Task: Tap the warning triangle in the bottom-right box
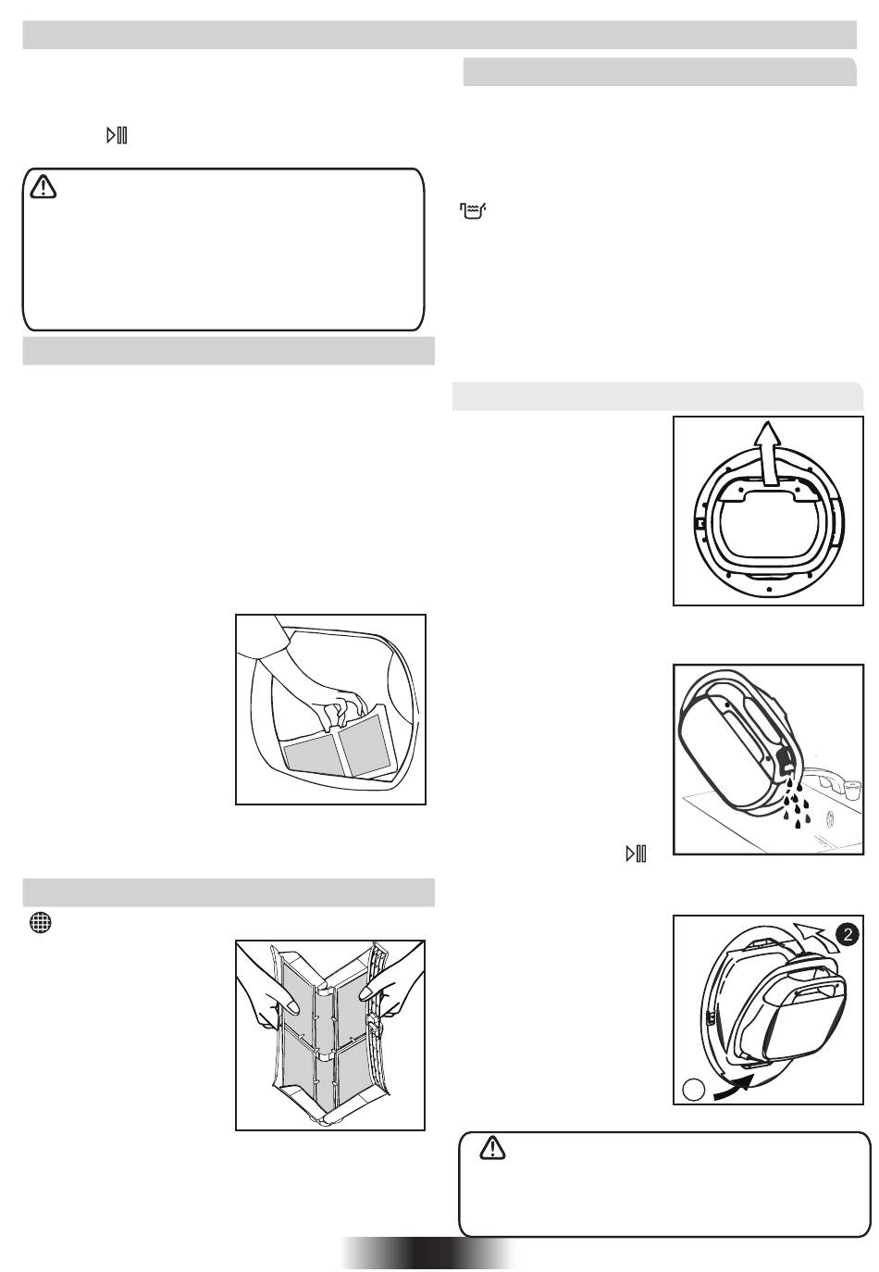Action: click(x=494, y=1149)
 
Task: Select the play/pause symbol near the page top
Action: click(x=117, y=136)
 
